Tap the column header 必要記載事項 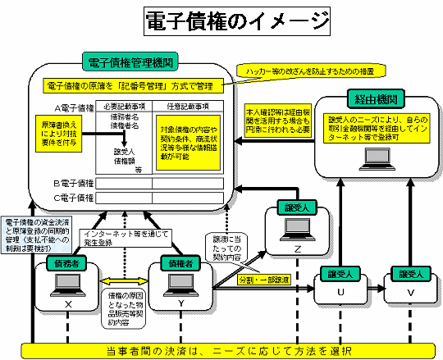125,106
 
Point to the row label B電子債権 73,182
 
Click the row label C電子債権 73,197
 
